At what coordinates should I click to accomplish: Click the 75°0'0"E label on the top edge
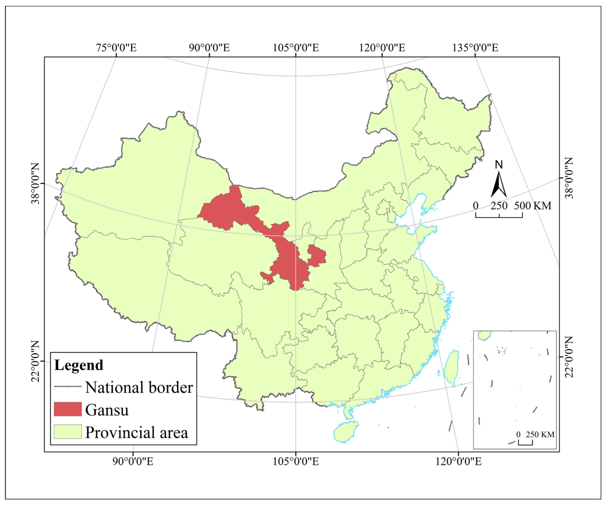pos(116,48)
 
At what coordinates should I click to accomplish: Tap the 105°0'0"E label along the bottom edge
pos(295,461)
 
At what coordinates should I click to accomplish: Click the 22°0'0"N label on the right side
pos(569,357)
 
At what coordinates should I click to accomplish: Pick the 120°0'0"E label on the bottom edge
pos(458,461)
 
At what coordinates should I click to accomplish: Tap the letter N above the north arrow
pos(498,165)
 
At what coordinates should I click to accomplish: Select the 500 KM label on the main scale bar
pos(532,206)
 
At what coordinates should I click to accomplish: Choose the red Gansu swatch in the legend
pos(68,409)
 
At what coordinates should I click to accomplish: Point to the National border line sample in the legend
pos(68,387)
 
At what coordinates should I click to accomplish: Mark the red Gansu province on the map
pos(287,261)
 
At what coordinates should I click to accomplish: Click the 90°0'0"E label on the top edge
pos(209,48)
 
